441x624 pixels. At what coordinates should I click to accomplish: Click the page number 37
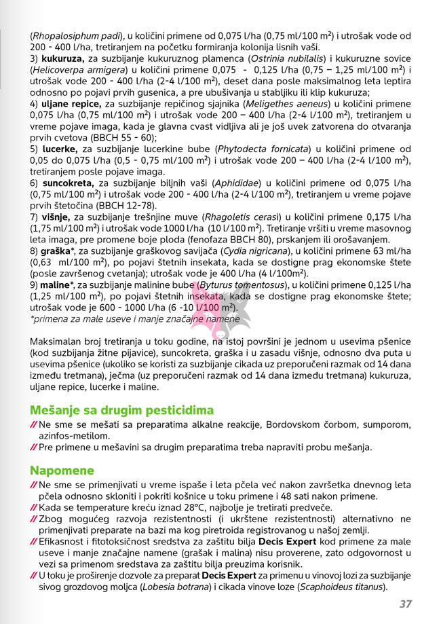(x=406, y=604)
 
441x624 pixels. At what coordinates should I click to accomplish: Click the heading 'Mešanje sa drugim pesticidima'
(x=121, y=410)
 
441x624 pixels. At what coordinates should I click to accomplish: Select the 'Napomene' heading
(x=62, y=471)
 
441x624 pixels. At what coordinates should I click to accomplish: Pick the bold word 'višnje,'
(x=56, y=217)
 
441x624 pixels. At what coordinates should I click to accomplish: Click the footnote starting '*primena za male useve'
(x=134, y=318)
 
